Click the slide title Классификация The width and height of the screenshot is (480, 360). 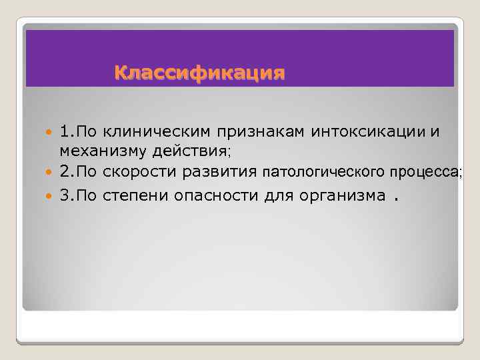[199, 71]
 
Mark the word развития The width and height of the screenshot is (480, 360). [223, 173]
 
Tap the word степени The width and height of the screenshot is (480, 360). [137, 197]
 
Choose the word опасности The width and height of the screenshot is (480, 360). [209, 197]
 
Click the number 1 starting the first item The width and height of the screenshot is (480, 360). [63, 131]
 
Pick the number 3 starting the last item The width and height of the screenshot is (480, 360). [63, 196]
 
